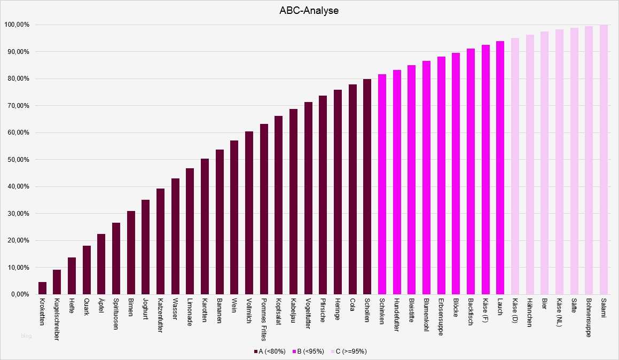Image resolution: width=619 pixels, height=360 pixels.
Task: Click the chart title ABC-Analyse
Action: tap(309, 10)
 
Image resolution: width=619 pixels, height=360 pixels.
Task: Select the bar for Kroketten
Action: tap(42, 288)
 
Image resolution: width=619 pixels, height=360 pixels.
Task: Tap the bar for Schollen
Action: tap(367, 187)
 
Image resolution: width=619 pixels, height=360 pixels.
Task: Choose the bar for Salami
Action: tap(604, 160)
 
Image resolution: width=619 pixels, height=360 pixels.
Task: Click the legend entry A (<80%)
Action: tap(270, 351)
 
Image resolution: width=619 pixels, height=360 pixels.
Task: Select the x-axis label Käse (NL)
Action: tap(559, 314)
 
